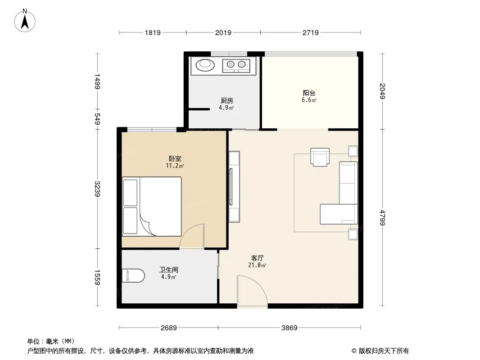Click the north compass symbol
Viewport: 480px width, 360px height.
coord(25,21)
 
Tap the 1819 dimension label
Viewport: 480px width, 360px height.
coord(153,33)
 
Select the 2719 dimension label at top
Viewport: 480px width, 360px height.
coord(310,33)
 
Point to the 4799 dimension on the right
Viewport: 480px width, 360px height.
coord(382,217)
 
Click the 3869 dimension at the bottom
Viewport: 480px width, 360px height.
coord(289,328)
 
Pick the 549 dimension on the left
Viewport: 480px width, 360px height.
coord(98,119)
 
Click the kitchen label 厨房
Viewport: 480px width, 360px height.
coord(227,100)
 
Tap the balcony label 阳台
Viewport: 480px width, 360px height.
coord(309,93)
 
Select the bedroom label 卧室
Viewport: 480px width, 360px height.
coord(175,158)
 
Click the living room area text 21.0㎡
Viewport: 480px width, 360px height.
coord(257,265)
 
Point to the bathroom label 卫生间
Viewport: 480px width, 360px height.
coord(169,270)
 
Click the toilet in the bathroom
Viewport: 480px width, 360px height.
coord(133,275)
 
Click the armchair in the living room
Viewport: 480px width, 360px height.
coord(320,157)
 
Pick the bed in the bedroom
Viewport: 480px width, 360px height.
coord(152,207)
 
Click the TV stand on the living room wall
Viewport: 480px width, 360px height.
coord(234,186)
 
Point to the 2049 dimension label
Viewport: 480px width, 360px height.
coord(382,91)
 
